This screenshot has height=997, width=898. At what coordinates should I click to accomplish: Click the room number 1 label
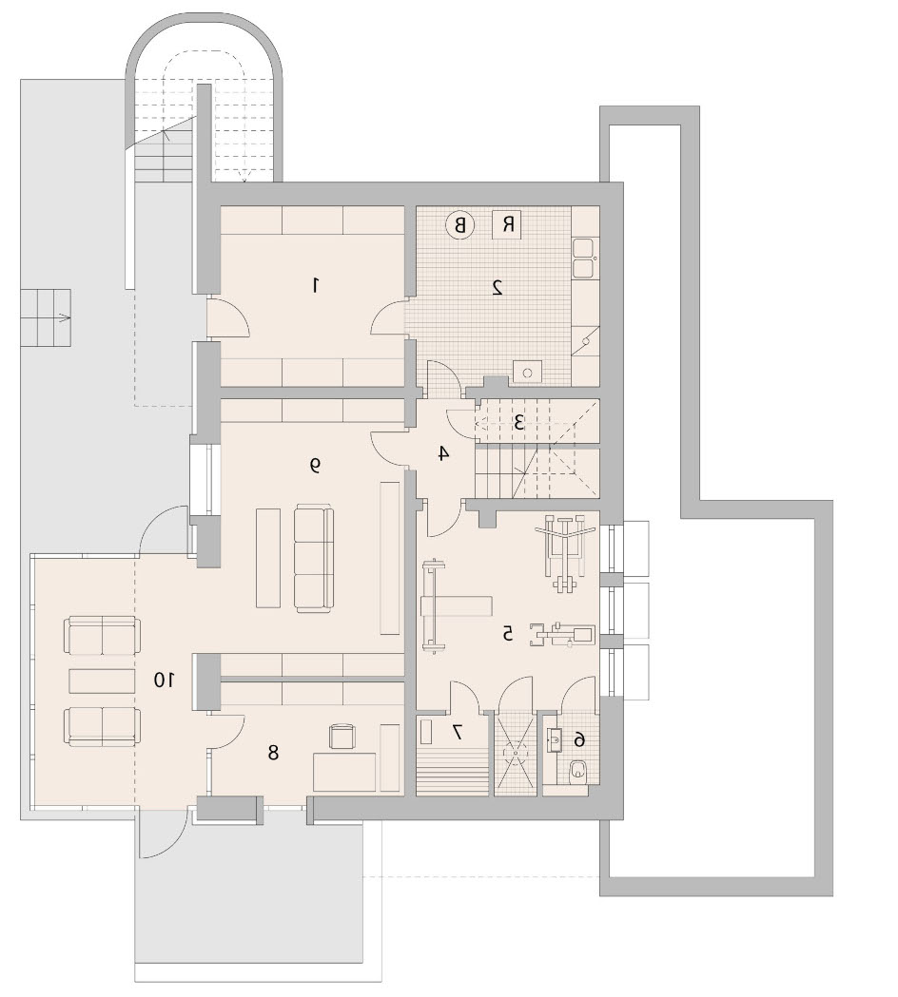[315, 286]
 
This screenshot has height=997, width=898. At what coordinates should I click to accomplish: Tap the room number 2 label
[498, 287]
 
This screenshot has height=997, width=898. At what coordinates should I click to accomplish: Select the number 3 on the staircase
[519, 422]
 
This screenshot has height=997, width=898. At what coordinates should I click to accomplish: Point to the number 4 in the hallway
[443, 453]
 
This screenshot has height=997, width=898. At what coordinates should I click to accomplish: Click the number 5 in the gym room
[507, 633]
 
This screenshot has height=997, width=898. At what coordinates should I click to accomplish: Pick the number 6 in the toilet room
[579, 738]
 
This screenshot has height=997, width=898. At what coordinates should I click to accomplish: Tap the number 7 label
[457, 733]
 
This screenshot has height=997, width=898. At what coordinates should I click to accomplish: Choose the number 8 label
[273, 752]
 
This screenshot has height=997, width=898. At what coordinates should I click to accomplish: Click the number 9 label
[315, 466]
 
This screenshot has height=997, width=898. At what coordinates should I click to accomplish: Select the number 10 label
[164, 680]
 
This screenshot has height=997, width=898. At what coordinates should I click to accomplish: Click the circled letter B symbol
[459, 224]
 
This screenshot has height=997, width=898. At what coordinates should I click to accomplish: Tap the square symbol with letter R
[507, 223]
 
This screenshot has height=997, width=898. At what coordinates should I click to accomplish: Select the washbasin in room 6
[555, 738]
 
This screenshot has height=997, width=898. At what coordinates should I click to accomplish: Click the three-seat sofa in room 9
[314, 559]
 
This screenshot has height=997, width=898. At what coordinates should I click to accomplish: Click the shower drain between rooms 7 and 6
[515, 752]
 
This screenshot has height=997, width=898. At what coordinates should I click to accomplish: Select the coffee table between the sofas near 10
[101, 681]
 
